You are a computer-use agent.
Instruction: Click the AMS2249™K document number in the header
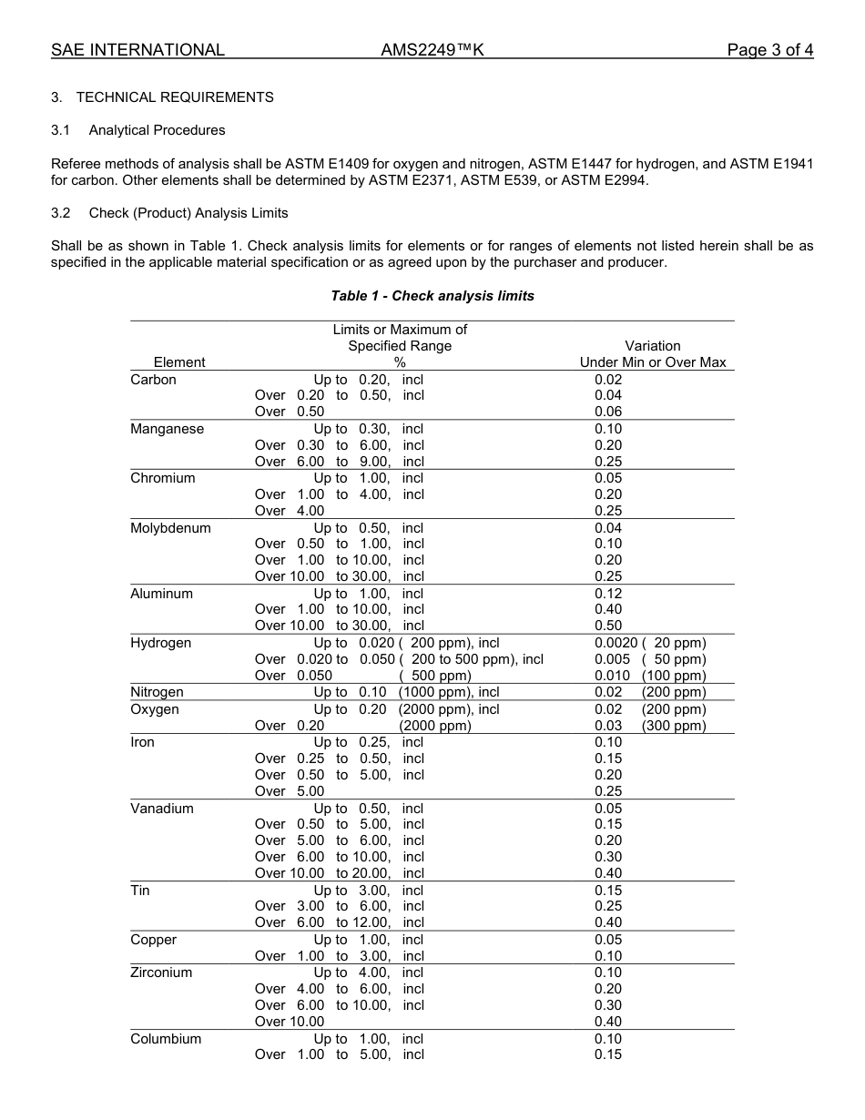(x=432, y=50)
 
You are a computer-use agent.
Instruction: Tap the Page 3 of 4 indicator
(x=769, y=50)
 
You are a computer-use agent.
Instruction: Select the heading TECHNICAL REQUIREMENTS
(x=175, y=97)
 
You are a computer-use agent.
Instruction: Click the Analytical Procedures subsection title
(x=157, y=130)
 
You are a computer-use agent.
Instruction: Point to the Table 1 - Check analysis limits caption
(x=432, y=296)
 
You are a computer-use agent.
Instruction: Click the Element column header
(x=179, y=362)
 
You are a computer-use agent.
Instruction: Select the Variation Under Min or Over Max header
(x=653, y=354)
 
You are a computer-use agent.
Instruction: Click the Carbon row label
(x=153, y=380)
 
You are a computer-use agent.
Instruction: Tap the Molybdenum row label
(x=170, y=528)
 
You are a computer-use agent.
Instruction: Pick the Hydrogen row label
(x=160, y=643)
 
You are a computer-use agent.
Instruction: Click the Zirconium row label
(x=161, y=972)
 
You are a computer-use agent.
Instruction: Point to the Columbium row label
(x=166, y=1039)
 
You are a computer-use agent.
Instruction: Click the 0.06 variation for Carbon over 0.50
(x=608, y=412)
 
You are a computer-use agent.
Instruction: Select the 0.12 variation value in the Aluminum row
(x=608, y=594)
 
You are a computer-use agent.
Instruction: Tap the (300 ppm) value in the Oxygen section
(x=674, y=726)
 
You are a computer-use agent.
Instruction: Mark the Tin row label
(x=140, y=891)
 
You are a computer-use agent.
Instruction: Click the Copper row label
(x=153, y=940)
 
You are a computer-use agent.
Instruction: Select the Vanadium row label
(x=161, y=809)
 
